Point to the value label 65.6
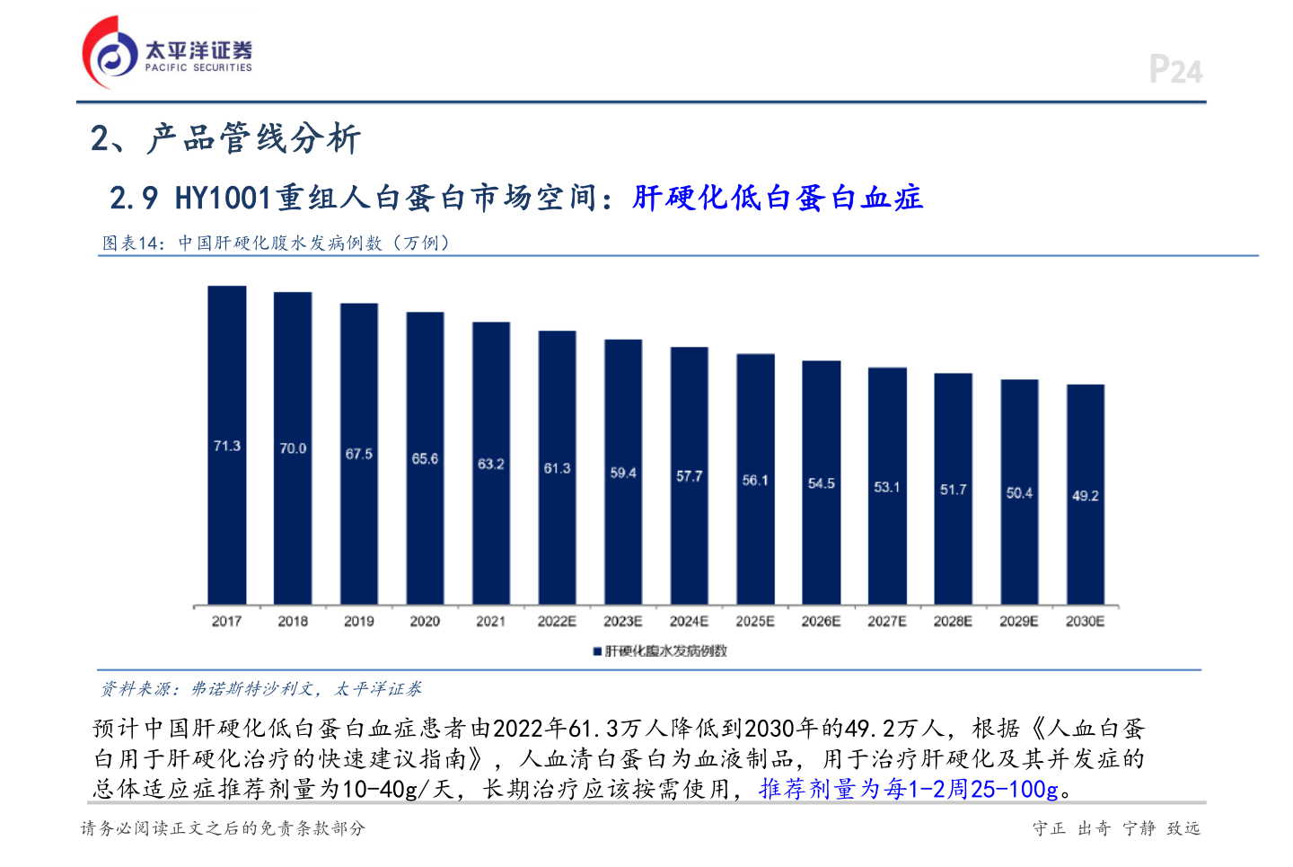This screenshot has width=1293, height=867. pos(425,459)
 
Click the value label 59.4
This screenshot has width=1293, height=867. pos(623,473)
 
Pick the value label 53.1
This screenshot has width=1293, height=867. pos(887,487)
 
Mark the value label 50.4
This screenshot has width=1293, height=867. pos(1019,493)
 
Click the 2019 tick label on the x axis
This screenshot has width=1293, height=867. pos(359,622)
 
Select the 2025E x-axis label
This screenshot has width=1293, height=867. pos(755,622)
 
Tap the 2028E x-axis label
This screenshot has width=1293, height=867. pos(953,622)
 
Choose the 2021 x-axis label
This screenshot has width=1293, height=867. pos(491,622)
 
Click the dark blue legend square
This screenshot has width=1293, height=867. pos(597,651)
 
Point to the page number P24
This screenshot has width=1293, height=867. pos(1175,70)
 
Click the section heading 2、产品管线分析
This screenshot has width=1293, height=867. pos(225,138)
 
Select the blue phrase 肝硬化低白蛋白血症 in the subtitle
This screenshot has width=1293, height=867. pos(778,198)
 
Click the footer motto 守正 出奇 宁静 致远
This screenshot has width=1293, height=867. pos(1116,828)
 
